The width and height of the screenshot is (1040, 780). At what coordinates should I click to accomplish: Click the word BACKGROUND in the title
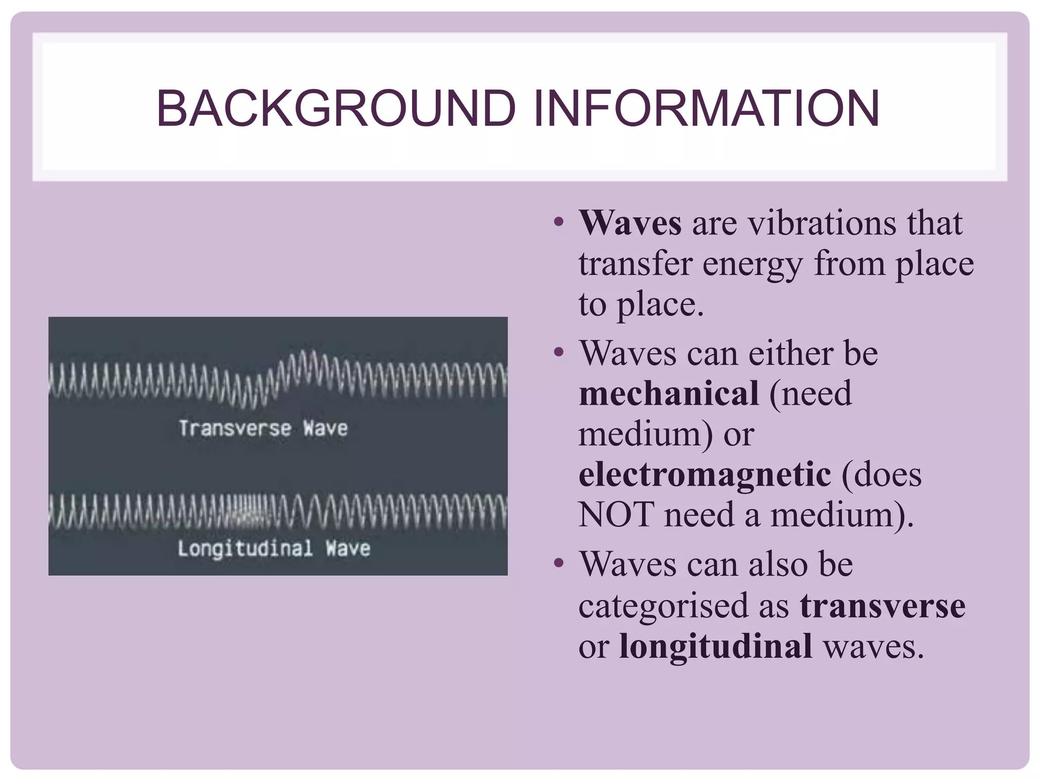coord(336,109)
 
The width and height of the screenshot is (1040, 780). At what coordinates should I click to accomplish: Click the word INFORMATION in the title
coord(706,109)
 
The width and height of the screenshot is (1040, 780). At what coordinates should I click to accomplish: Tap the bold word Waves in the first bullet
coord(630,223)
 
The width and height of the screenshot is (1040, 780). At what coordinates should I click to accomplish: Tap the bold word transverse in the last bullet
coord(883,606)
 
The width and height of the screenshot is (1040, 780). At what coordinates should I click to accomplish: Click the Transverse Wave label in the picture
coord(263,429)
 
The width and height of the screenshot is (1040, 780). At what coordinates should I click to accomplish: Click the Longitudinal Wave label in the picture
coord(274,549)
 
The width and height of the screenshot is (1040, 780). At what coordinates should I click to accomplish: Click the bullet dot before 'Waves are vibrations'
coord(559,222)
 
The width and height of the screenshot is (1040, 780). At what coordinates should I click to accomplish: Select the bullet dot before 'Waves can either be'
coord(559,352)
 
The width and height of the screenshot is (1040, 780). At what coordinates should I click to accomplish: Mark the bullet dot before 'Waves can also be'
coord(559,563)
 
